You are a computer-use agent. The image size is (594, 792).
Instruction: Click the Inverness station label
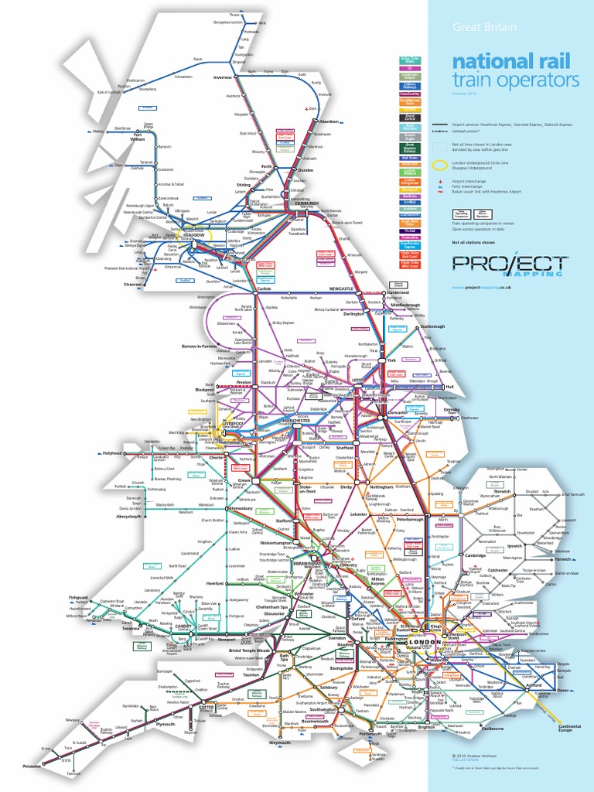pyautogui.click(x=223, y=77)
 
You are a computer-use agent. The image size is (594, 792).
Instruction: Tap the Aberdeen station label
pyautogui.click(x=329, y=121)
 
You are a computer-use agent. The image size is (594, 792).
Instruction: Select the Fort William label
pyautogui.click(x=138, y=138)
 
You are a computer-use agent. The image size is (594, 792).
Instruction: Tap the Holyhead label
pyautogui.click(x=113, y=453)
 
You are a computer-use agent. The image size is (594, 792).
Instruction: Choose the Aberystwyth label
pyautogui.click(x=130, y=516)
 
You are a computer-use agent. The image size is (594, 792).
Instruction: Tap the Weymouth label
pyautogui.click(x=279, y=742)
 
